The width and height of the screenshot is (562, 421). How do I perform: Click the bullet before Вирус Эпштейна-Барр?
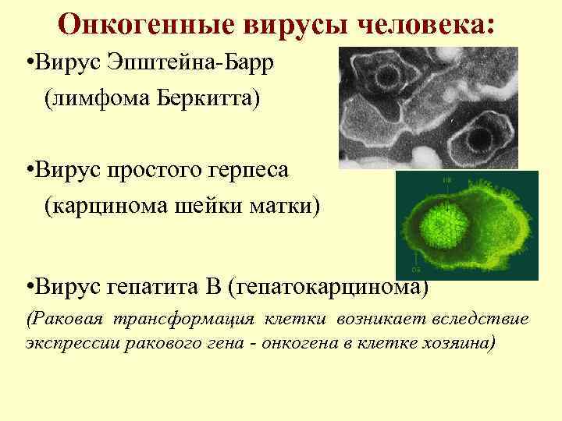click(x=29, y=64)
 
